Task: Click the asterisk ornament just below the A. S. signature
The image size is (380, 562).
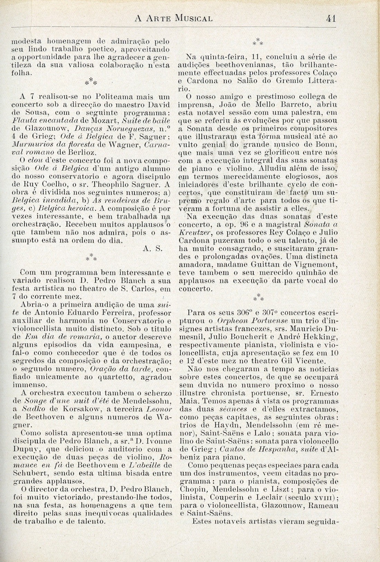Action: click(x=91, y=257)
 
